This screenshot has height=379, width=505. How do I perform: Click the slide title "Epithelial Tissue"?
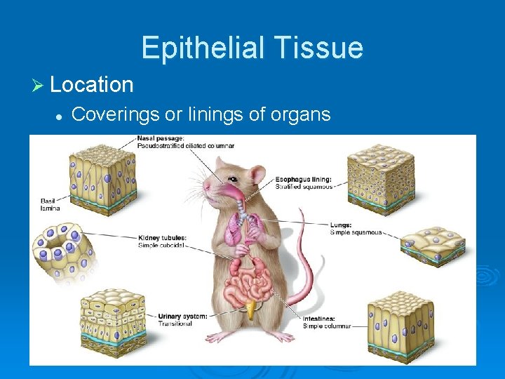(252, 48)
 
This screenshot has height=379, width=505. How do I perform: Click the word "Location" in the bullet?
(92, 85)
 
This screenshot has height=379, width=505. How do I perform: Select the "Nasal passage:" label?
(161, 138)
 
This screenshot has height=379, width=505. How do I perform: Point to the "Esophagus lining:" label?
(304, 179)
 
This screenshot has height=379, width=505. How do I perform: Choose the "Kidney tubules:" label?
(163, 237)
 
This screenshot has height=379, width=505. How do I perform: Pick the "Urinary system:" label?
(182, 316)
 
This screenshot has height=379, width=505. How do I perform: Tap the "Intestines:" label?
(319, 319)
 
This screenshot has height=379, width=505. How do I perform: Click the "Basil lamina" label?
(50, 204)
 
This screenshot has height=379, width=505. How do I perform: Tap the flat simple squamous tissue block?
(433, 246)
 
